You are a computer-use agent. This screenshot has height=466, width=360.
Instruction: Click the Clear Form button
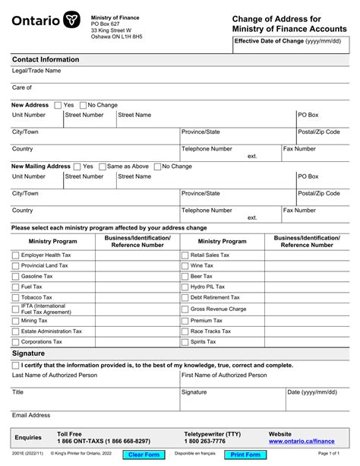144,455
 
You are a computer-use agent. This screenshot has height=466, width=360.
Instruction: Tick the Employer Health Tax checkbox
16,255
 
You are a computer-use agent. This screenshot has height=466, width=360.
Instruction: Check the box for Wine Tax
185,266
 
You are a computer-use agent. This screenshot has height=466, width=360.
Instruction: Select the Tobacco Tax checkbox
16,298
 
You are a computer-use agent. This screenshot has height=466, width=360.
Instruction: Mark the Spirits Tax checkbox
185,343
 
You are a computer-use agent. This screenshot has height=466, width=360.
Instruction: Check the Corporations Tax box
16,343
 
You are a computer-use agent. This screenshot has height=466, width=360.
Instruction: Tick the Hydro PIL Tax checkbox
185,287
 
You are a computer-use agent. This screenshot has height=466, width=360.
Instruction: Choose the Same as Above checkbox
102,166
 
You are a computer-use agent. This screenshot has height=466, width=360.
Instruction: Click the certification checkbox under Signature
16,366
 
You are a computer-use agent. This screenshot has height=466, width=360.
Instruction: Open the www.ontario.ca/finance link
302,441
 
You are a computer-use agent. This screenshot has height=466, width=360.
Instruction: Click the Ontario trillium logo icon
72,21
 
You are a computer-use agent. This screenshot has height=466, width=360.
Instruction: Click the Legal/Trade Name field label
36,71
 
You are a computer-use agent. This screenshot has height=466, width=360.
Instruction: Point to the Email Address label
31,415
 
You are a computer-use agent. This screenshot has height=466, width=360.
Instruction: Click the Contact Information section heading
46,59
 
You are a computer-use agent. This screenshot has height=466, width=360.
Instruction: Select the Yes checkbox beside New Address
57,106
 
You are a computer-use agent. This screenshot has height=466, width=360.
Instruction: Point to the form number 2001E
13,454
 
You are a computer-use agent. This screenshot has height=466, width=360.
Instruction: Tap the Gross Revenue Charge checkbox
185,309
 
